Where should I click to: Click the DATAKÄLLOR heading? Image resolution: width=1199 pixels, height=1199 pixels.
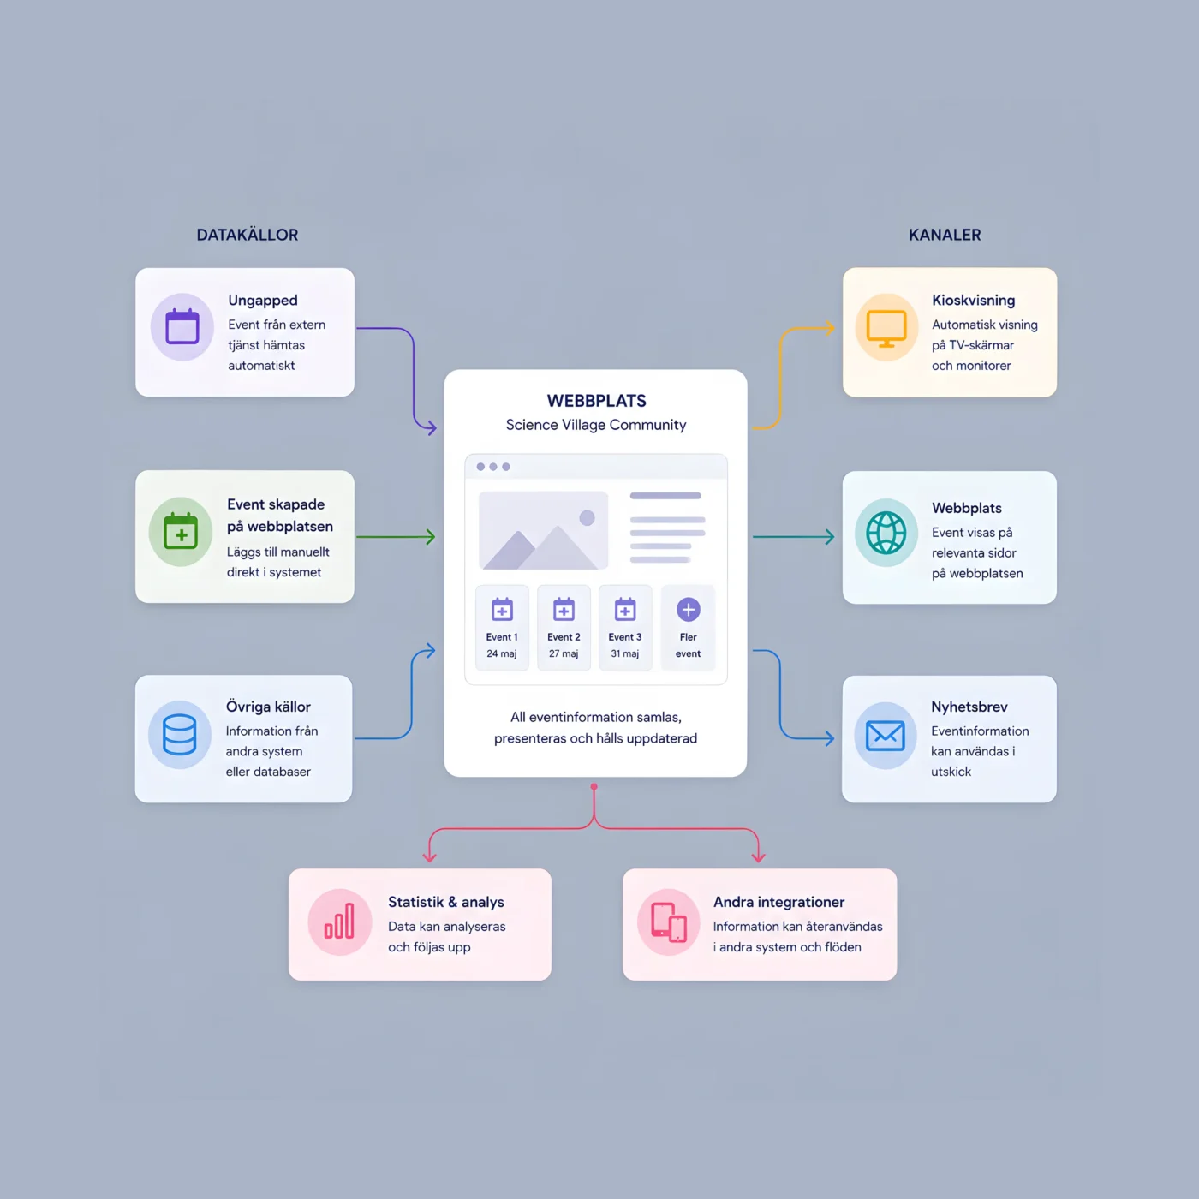point(247,235)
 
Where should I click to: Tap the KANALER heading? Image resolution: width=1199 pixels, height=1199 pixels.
point(945,235)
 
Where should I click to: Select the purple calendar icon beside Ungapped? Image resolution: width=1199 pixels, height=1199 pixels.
point(182,326)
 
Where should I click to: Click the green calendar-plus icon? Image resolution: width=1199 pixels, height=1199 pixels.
point(181,531)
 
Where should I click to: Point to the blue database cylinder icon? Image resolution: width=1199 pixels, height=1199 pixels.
point(179,735)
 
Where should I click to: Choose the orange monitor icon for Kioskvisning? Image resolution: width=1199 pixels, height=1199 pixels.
point(886,328)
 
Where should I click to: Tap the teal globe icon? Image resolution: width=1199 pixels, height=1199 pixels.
point(886,533)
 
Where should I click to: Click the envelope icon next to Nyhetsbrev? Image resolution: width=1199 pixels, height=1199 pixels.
point(886,736)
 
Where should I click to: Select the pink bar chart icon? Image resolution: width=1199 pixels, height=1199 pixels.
point(339,922)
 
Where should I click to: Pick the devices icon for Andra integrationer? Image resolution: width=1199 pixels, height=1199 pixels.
point(669,922)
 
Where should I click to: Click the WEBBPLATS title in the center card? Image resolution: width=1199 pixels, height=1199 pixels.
point(596,401)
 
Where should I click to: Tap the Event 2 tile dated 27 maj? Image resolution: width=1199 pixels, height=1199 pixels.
point(564,628)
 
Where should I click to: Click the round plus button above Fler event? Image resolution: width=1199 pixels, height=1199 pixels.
point(689,610)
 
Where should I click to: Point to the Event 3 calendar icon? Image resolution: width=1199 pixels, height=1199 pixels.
point(624,609)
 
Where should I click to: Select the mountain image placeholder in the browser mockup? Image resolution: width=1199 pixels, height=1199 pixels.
point(543,531)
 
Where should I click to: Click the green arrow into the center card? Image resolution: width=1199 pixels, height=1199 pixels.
point(396,536)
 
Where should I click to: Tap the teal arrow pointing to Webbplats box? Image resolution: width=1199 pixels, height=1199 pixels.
point(793,536)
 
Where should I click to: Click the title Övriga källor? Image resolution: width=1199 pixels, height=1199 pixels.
point(268,707)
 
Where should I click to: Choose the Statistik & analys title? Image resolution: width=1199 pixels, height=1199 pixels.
point(446,902)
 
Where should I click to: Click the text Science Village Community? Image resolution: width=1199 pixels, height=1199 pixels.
point(596,425)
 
